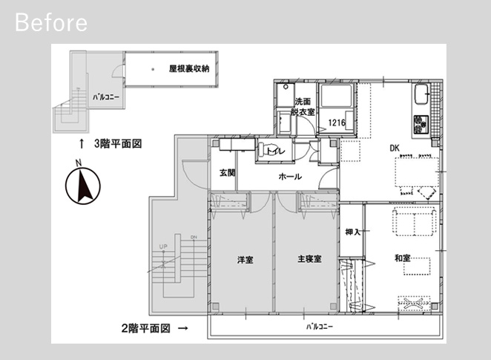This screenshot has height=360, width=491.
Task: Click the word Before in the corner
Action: (51, 22)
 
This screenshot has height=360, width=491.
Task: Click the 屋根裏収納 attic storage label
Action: (189, 68)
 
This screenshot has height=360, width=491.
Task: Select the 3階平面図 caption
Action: (118, 143)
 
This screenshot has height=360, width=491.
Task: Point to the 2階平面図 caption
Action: (145, 328)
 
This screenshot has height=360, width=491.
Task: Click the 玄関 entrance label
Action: (227, 173)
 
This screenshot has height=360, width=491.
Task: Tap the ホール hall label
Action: (290, 177)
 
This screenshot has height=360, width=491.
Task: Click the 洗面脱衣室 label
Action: (303, 107)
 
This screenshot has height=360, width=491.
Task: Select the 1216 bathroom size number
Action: (337, 122)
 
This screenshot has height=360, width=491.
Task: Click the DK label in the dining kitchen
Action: (395, 148)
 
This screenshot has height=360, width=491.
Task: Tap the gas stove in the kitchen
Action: (421, 124)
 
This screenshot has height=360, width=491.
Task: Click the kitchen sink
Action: (423, 94)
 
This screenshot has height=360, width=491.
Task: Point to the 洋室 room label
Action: (245, 260)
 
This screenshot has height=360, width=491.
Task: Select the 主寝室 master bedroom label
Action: (309, 259)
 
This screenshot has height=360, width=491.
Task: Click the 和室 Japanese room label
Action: (403, 258)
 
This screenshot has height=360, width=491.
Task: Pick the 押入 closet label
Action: (353, 232)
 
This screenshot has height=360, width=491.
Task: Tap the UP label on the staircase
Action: (163, 246)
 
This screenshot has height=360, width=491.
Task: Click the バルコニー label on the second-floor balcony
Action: (320, 327)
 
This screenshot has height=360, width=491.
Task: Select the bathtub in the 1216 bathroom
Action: (336, 95)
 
